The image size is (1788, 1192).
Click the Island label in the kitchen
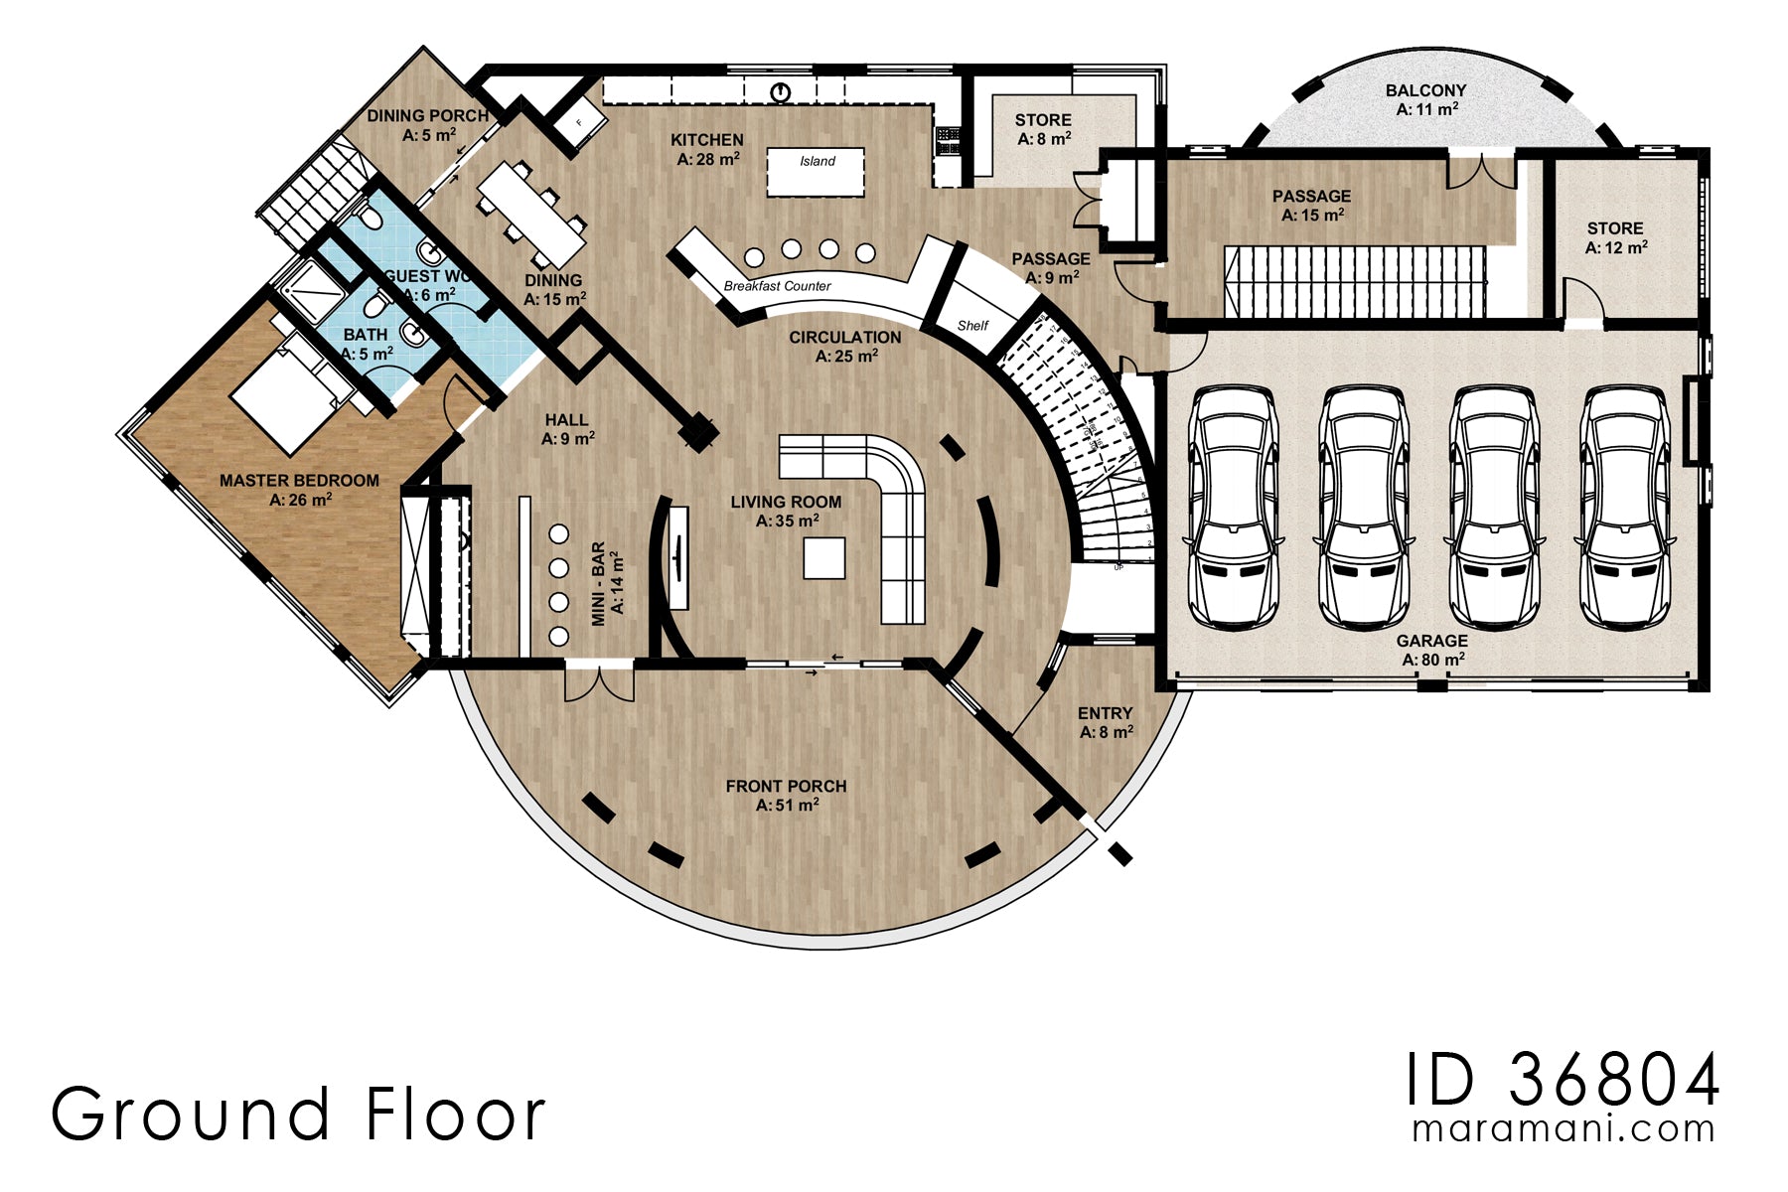(817, 161)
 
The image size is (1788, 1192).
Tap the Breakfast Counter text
(777, 286)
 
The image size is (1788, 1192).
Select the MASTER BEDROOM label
(299, 481)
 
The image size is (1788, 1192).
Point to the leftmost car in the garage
(1233, 507)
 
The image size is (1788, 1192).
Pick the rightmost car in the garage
(1624, 507)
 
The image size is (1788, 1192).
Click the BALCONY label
(1425, 90)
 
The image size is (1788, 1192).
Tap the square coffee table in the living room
(823, 557)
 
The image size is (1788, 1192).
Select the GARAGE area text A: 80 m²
(1432, 660)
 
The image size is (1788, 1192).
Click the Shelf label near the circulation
(972, 326)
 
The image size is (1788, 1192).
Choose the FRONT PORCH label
(786, 786)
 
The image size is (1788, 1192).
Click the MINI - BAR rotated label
(599, 584)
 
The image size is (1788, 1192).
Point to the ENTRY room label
(1105, 713)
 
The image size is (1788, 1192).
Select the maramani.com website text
(1563, 1129)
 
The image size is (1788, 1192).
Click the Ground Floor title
(298, 1115)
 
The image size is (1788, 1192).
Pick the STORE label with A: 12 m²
(1614, 228)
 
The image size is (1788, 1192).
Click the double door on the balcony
(1480, 171)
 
